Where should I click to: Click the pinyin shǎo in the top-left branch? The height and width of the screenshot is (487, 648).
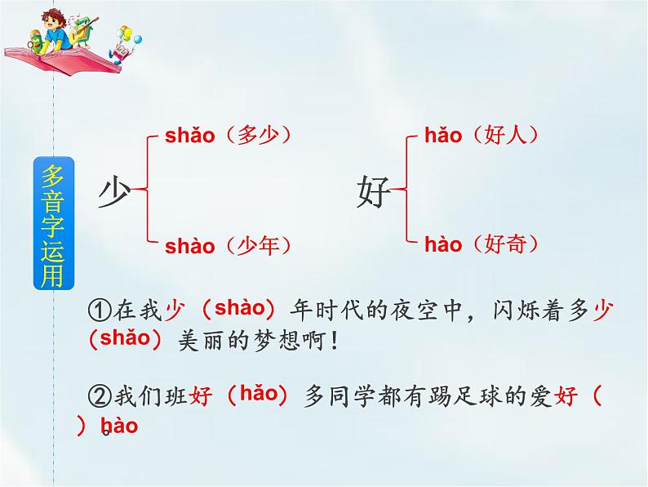(189, 136)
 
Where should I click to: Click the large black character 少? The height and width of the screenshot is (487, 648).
(114, 193)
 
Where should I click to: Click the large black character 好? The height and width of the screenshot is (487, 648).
(374, 193)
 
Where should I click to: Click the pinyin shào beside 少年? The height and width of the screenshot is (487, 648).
(189, 245)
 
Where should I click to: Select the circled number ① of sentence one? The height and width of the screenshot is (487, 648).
(97, 310)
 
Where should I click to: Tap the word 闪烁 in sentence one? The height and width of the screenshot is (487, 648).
(514, 310)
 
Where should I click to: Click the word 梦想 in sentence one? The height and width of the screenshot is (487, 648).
(282, 341)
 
